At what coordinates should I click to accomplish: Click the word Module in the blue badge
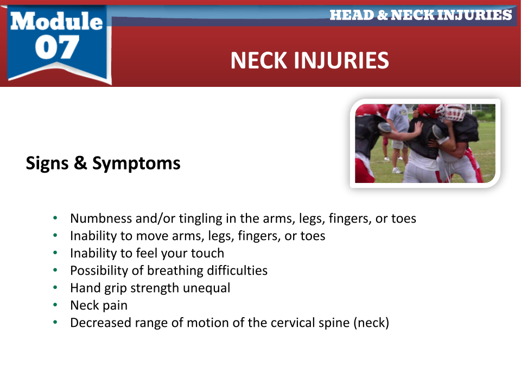(56, 21)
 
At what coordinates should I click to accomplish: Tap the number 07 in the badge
(57, 47)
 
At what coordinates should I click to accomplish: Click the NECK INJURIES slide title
(310, 60)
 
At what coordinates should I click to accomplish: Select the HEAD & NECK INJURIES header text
(421, 15)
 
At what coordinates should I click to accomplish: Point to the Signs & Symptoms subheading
(103, 163)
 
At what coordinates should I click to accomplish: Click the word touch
(207, 254)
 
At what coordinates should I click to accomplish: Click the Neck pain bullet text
(99, 306)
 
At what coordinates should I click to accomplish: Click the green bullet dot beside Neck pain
(55, 305)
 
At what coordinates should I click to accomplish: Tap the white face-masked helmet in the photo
(453, 112)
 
